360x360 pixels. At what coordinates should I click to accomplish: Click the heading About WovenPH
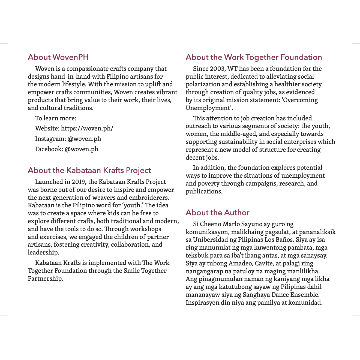(x=58, y=57)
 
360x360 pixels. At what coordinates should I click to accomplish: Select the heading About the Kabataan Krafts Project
(x=89, y=170)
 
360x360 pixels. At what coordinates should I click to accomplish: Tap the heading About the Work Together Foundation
(x=254, y=57)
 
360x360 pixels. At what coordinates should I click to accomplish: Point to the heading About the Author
(x=217, y=212)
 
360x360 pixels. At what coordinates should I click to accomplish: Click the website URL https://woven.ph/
(x=87, y=128)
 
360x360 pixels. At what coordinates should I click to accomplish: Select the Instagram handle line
(x=68, y=139)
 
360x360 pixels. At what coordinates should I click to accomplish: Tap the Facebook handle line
(x=67, y=149)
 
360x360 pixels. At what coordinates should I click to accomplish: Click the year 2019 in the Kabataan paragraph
(x=78, y=182)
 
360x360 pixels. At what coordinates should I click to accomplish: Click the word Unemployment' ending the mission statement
(x=209, y=108)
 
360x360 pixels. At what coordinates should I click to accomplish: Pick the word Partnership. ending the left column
(x=45, y=279)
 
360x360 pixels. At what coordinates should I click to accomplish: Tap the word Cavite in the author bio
(x=264, y=263)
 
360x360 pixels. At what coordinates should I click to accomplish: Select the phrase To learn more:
(x=56, y=118)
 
